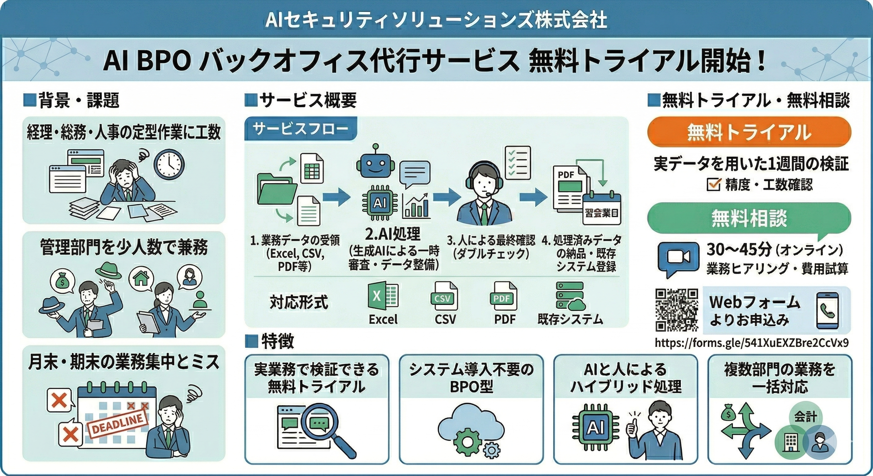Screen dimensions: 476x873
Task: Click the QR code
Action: point(676,310)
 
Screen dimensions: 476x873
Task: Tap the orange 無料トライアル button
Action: point(749,132)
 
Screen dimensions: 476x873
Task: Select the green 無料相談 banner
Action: point(749,218)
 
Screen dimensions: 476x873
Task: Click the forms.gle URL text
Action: point(752,343)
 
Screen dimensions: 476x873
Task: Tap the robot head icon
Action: point(375,165)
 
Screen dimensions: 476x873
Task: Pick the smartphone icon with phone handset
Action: point(827,310)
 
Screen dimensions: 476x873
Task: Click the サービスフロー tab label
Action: point(300,129)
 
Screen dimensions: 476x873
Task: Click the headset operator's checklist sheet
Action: point(517,163)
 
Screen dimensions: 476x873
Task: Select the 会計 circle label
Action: point(805,417)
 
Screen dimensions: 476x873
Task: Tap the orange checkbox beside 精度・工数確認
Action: point(713,184)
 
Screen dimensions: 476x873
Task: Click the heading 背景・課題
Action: point(79,101)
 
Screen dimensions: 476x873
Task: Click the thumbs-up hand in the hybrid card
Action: point(631,428)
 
